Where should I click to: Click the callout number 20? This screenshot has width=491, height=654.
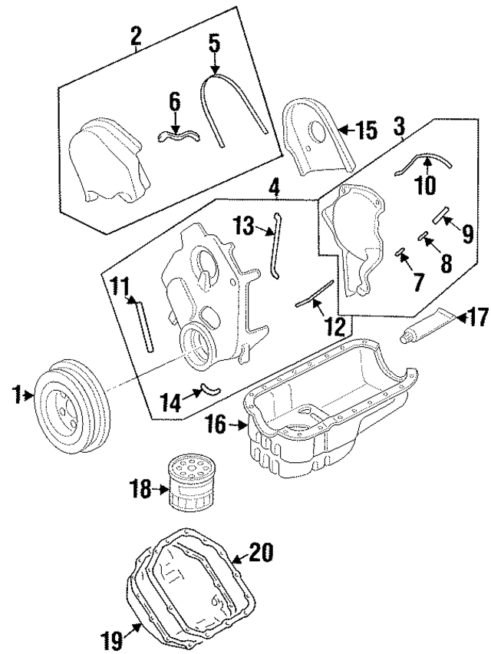(x=261, y=552)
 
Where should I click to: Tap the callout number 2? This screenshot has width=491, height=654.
(x=136, y=35)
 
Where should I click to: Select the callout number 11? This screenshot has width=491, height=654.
(x=118, y=286)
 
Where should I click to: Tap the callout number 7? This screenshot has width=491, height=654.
(x=418, y=282)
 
